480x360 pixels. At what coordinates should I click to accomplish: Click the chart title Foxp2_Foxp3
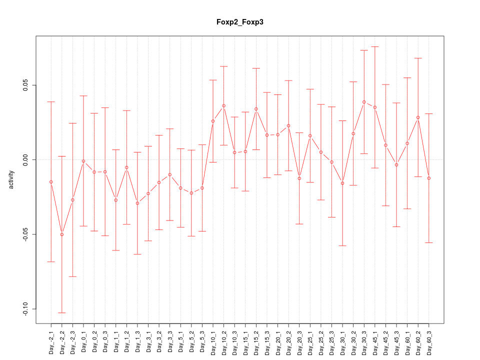pos(239,22)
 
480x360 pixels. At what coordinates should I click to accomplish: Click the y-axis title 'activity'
pos(11,179)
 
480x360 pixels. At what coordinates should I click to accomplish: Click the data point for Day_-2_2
pos(62,234)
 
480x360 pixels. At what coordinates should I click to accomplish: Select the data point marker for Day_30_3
pos(364,102)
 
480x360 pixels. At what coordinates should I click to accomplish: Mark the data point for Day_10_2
pos(223,105)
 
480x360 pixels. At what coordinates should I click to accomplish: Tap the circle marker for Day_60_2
pos(418,117)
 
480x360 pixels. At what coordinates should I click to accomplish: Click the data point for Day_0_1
pos(83,161)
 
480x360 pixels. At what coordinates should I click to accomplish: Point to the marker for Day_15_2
pos(256,108)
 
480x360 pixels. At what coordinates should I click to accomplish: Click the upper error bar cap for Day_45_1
pos(375,46)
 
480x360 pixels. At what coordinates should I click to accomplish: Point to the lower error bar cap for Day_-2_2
pos(62,312)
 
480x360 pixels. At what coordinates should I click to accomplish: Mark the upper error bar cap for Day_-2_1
pos(51,101)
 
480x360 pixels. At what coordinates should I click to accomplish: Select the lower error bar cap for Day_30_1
pos(342,245)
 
